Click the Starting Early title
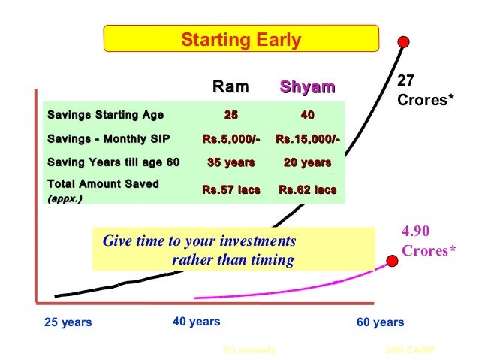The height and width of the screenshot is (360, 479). tap(239, 39)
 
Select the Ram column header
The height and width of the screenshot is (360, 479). tap(230, 87)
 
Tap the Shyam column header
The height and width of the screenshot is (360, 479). tap(307, 87)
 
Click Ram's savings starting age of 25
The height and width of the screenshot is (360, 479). tap(231, 115)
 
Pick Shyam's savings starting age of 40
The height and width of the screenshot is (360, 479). tap(307, 115)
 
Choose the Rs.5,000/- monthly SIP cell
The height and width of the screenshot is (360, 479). tap(230, 138)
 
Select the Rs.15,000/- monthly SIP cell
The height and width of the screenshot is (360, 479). tap(307, 138)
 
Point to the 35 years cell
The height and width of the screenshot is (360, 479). tap(230, 162)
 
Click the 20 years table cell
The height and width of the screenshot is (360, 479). tap(307, 162)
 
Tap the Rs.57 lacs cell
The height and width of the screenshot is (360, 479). tap(230, 190)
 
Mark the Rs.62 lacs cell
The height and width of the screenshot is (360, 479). tap(307, 190)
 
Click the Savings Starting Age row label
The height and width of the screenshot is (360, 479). tap(104, 115)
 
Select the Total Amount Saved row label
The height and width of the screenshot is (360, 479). tap(103, 184)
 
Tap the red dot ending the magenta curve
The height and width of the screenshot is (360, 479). tap(391, 260)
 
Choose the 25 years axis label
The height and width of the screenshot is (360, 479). tap(68, 322)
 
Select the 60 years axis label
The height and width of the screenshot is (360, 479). tap(380, 322)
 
